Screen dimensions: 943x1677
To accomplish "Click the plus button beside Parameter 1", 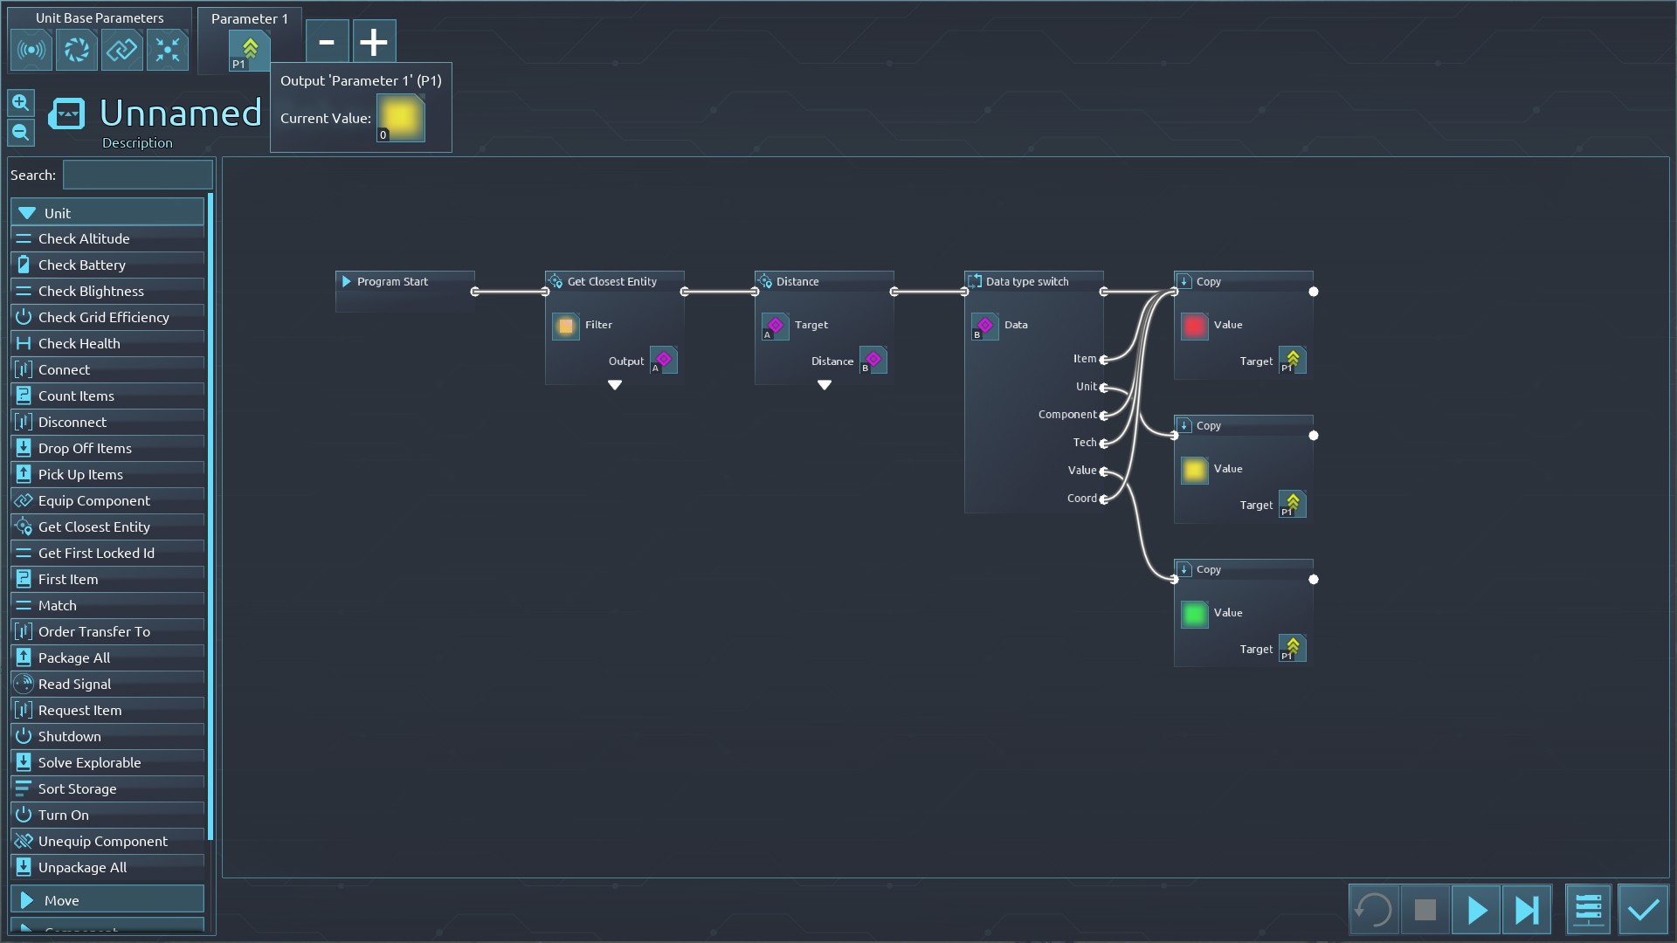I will (374, 41).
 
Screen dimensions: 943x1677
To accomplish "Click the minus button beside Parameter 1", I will (327, 41).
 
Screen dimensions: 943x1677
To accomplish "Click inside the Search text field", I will (138, 175).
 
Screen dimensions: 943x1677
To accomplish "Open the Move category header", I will (107, 900).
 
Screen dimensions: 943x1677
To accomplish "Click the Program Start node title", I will (392, 281).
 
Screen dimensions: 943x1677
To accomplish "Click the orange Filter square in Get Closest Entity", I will (566, 326).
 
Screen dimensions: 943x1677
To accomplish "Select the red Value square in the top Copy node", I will (1194, 326).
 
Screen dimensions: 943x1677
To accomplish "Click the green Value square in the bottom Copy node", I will (1194, 614).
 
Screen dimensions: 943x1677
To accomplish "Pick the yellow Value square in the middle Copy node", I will (1194, 470).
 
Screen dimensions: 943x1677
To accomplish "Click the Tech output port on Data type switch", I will (1104, 443).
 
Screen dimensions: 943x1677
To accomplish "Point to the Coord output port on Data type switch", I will (1104, 499).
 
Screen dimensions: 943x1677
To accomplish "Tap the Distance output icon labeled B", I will (873, 360).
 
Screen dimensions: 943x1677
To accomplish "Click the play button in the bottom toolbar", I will (1476, 910).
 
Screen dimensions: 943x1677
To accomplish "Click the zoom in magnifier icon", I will (21, 103).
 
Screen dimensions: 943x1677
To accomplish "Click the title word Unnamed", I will (180, 113).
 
